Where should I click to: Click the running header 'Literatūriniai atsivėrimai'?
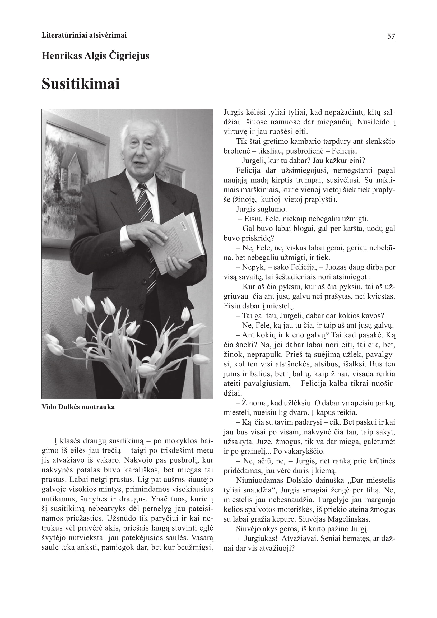(84, 35)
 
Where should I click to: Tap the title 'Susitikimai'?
(81, 84)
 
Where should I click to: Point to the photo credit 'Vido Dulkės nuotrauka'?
(78, 407)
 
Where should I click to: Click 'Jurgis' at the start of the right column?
(233, 112)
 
